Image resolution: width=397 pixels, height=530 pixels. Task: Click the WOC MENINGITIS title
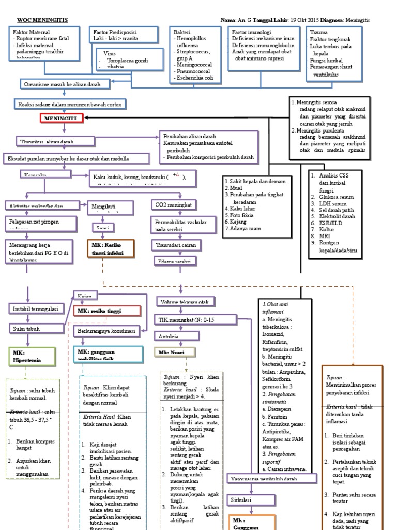click(x=42, y=20)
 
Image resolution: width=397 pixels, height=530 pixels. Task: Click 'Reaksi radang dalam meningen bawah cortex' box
click(x=69, y=104)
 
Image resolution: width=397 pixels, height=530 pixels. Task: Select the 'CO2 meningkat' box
click(x=174, y=205)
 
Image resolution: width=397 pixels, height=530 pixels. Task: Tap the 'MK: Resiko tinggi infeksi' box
click(x=110, y=248)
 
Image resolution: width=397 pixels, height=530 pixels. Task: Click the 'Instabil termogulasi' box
click(x=36, y=309)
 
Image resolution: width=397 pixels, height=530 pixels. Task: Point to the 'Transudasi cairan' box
click(x=176, y=244)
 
